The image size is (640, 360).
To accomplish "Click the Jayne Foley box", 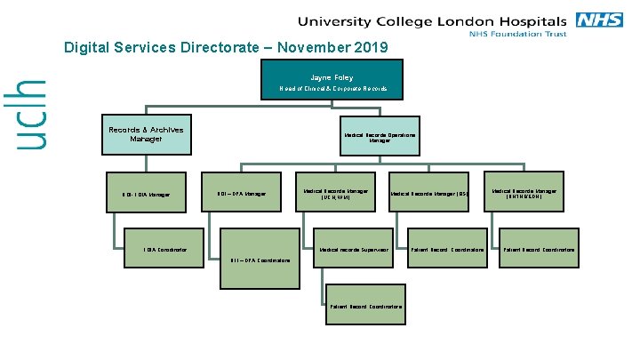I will pos(331,80).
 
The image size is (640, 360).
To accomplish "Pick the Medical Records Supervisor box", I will pos(354,251).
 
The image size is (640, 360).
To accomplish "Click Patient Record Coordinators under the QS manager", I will pos(447,251).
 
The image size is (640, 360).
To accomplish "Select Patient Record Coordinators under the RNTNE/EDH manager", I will pos(538,251).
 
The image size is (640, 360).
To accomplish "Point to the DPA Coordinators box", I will pos(260,260).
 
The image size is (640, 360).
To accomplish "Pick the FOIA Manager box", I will pos(146,194).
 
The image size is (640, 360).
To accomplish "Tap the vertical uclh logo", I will pos(33,113).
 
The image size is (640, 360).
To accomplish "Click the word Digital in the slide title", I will pos(85,48).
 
